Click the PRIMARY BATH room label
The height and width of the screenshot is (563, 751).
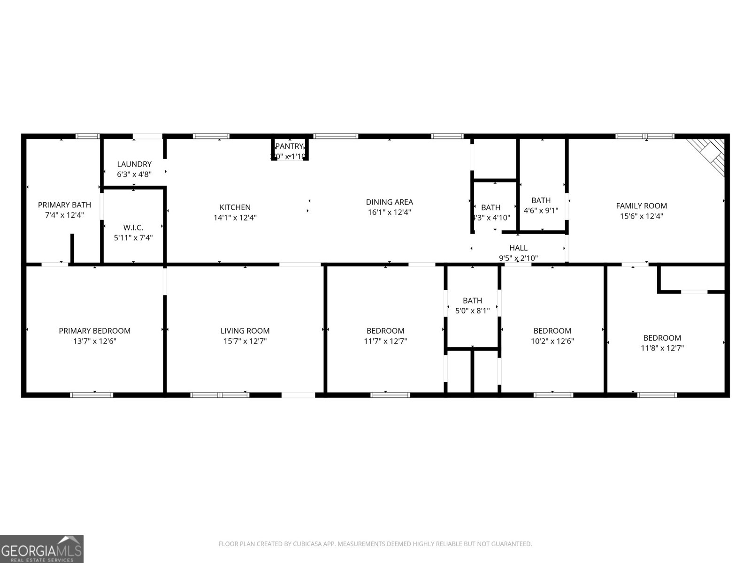[64, 205]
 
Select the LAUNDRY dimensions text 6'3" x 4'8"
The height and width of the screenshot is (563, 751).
[134, 175]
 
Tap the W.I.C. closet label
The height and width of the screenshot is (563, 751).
[133, 228]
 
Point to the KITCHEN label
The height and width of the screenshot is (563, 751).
[235, 207]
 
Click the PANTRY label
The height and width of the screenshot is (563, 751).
[289, 146]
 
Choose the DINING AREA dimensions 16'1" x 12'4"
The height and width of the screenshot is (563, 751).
[389, 213]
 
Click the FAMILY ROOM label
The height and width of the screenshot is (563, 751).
[641, 205]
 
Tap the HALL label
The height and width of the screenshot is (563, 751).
[518, 248]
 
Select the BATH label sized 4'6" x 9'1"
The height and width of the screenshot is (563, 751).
[541, 200]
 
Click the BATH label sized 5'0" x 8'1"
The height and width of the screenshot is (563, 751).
[472, 300]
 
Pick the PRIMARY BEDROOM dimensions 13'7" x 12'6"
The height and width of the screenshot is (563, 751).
[94, 341]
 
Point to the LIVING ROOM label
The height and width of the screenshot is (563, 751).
[245, 331]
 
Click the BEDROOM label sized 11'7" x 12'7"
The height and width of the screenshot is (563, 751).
[385, 331]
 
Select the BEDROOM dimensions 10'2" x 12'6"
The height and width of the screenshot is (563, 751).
[552, 341]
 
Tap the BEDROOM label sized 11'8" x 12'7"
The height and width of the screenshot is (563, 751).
[662, 338]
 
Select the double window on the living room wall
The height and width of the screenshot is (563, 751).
[220, 395]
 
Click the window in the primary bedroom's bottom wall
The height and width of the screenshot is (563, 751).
[92, 395]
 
